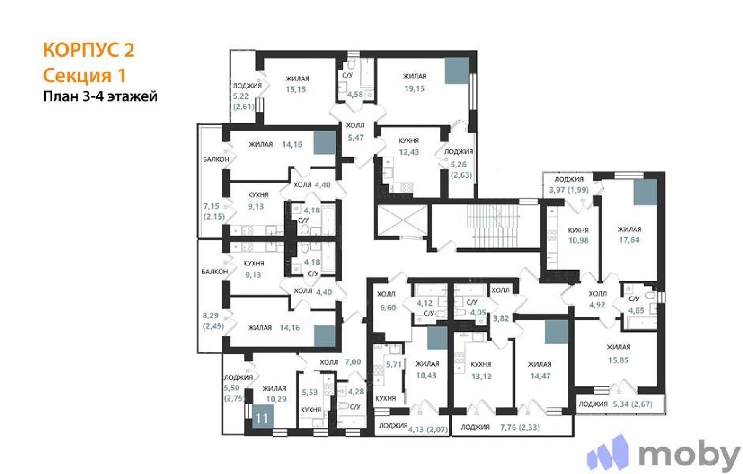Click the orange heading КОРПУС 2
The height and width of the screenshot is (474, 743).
point(89,50)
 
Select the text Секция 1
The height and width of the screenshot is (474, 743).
point(85,75)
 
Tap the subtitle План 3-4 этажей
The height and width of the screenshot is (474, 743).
point(100,97)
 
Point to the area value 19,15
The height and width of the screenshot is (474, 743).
point(414,89)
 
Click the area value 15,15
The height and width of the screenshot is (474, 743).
point(295,89)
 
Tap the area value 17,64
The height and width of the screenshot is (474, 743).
point(629,240)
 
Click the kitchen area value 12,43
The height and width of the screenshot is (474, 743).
point(409,152)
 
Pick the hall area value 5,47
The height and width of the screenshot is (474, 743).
point(356,138)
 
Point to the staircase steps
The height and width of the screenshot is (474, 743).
point(494,225)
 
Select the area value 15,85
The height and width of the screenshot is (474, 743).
point(618,360)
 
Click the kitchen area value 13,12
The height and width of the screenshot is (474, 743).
point(481,376)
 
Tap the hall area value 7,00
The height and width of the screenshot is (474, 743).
point(353,362)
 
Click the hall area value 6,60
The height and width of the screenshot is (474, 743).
point(388,307)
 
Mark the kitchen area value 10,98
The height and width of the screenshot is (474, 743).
point(579,240)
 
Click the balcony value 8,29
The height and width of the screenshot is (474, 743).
point(211,316)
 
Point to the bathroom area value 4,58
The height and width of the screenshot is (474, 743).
point(355,94)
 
